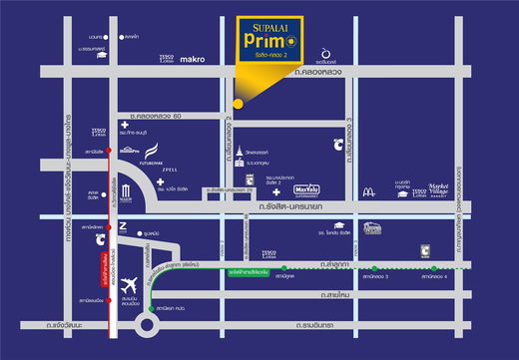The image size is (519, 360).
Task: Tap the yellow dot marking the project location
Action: click(x=238, y=103)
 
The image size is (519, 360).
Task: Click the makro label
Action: click(x=193, y=59)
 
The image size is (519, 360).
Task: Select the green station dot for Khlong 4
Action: click(x=435, y=267)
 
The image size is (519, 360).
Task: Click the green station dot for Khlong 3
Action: click(x=375, y=267)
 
